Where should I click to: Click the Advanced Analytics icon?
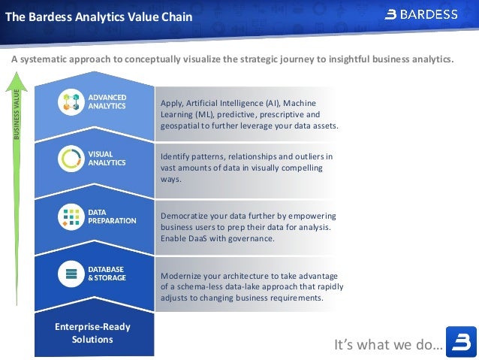(72, 102)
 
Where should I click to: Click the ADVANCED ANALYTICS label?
(107, 102)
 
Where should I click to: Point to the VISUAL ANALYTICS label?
(107, 159)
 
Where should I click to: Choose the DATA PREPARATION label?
(112, 216)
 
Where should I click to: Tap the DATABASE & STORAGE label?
(107, 274)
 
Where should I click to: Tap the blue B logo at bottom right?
(460, 342)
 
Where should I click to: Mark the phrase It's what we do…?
(387, 345)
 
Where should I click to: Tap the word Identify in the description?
(176, 156)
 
